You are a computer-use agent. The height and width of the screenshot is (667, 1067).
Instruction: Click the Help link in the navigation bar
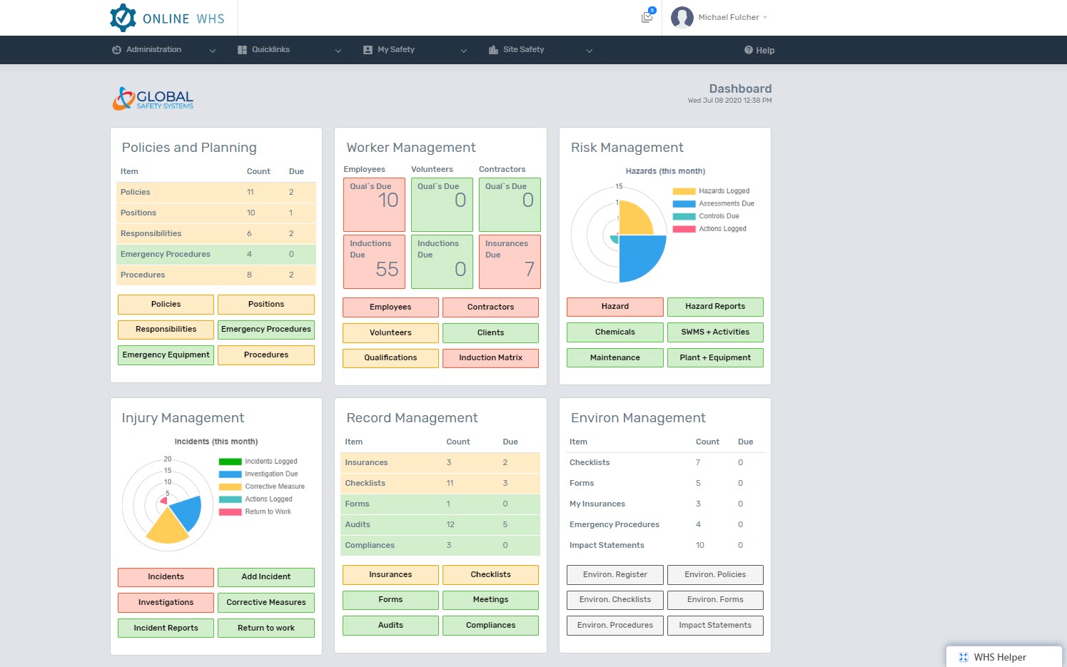(x=759, y=50)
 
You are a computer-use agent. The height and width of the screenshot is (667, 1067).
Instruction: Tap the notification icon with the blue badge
(x=647, y=16)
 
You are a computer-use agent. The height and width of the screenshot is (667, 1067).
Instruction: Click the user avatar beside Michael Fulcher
(x=682, y=17)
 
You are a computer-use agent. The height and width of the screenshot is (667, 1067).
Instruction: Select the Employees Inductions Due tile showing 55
(x=374, y=261)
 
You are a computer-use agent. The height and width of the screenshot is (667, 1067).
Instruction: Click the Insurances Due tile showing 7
(x=509, y=261)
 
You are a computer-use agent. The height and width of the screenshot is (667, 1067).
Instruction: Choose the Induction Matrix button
(x=490, y=357)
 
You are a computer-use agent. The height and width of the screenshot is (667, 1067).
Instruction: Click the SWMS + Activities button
(x=715, y=332)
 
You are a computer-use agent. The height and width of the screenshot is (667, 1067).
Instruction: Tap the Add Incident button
(x=266, y=576)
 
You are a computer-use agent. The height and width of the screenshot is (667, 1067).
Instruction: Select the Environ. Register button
(x=615, y=575)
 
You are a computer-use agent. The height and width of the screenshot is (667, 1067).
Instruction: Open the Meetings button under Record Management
(x=490, y=599)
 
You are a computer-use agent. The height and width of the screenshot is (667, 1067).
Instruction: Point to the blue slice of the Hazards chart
(x=641, y=257)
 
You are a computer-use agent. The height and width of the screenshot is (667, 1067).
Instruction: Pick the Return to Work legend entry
(x=255, y=511)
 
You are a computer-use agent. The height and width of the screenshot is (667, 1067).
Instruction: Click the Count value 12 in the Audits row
(x=450, y=524)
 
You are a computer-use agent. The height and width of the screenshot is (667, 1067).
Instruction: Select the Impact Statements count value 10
(x=699, y=545)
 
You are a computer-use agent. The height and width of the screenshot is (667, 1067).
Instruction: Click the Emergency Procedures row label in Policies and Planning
(x=166, y=254)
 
